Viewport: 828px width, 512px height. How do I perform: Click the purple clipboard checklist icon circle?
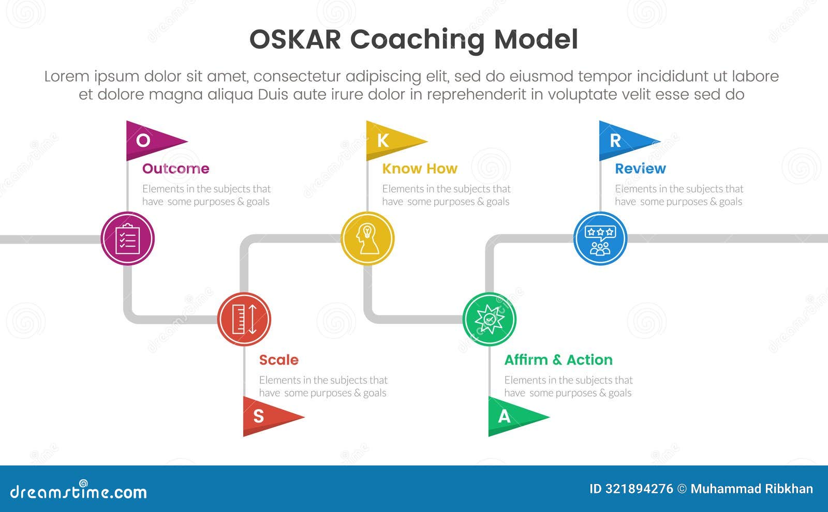(x=127, y=239)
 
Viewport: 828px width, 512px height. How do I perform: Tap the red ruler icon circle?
(x=244, y=319)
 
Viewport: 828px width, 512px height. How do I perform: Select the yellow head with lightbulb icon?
(x=367, y=239)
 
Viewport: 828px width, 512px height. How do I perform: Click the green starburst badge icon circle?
(x=489, y=319)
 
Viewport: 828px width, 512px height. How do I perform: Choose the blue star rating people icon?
(x=600, y=239)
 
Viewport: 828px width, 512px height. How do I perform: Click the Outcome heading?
(x=175, y=169)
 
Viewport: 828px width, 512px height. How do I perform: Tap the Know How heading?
(x=419, y=169)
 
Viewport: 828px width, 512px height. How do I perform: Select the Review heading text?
(x=640, y=169)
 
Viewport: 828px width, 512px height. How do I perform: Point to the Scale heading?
(x=278, y=360)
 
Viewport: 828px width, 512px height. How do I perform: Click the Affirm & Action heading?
(x=558, y=360)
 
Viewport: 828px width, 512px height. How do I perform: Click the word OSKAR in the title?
(x=295, y=40)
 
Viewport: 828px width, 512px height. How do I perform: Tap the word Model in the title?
(x=536, y=40)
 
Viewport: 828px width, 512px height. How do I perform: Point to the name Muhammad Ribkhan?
(x=751, y=489)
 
